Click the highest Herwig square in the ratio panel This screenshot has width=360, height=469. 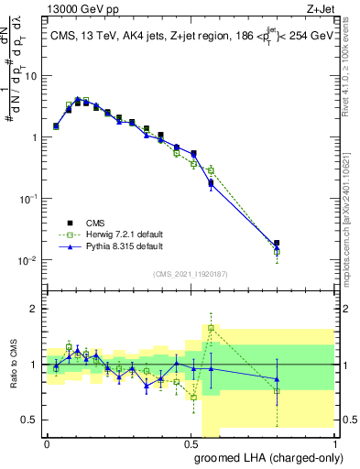[x=211, y=328]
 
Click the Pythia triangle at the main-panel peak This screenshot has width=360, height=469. [x=78, y=99]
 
